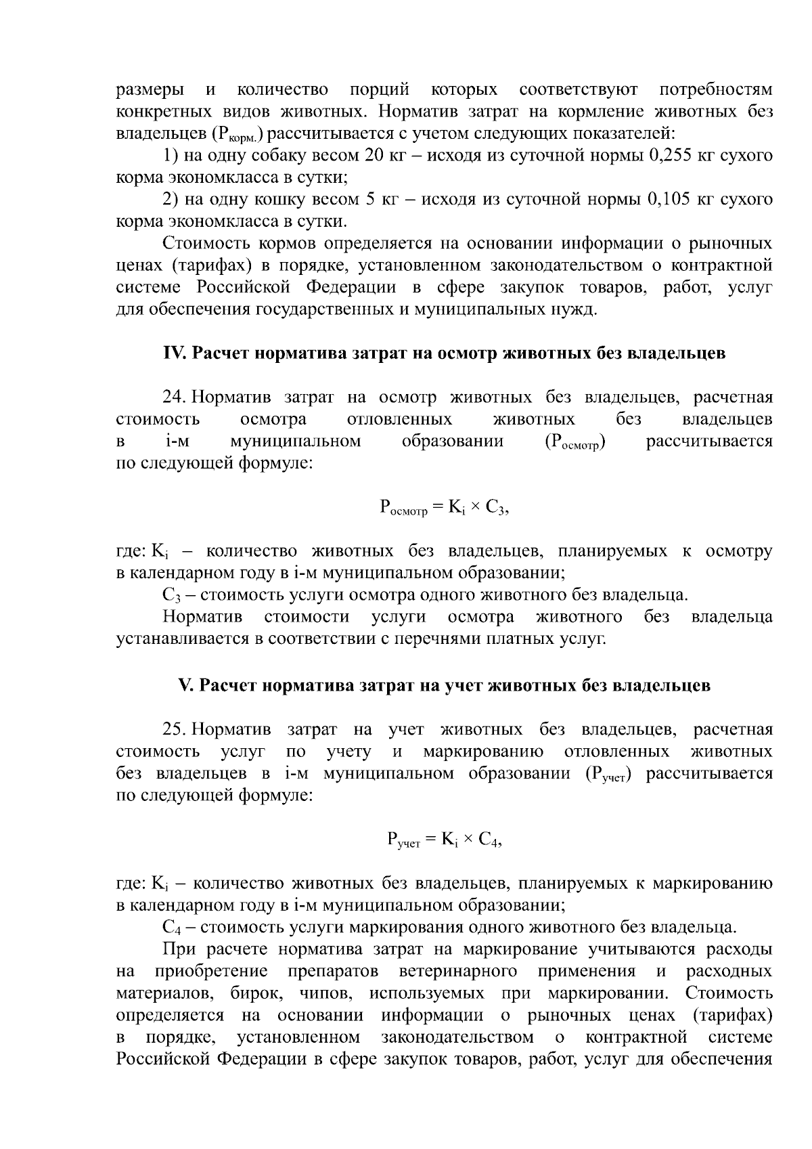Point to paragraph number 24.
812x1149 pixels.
tap(175, 397)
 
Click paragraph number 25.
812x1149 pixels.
tap(175, 730)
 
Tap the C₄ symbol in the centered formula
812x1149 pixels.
tap(489, 840)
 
